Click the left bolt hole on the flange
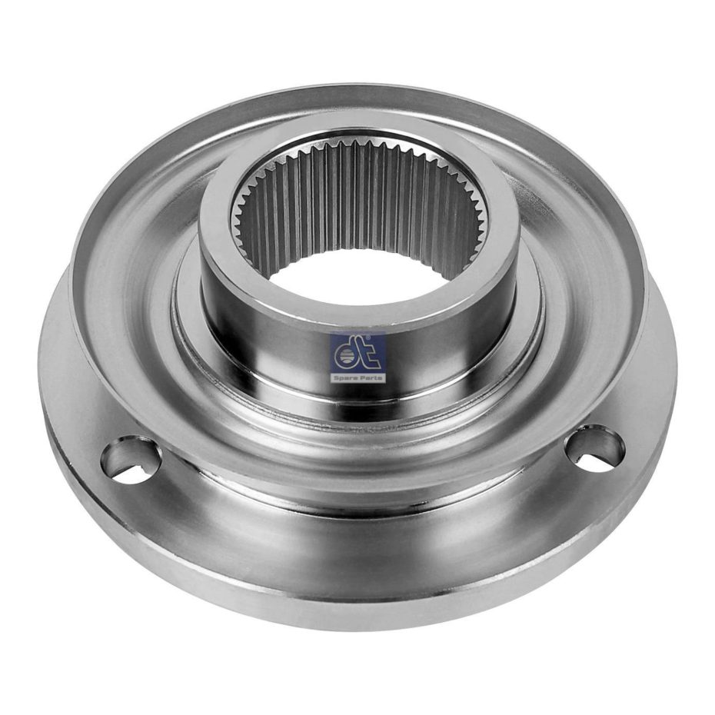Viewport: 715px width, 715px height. tap(131, 460)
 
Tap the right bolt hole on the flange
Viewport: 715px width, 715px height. tap(594, 449)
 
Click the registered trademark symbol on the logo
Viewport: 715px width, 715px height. tap(382, 337)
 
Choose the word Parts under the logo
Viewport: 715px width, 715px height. tap(370, 378)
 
